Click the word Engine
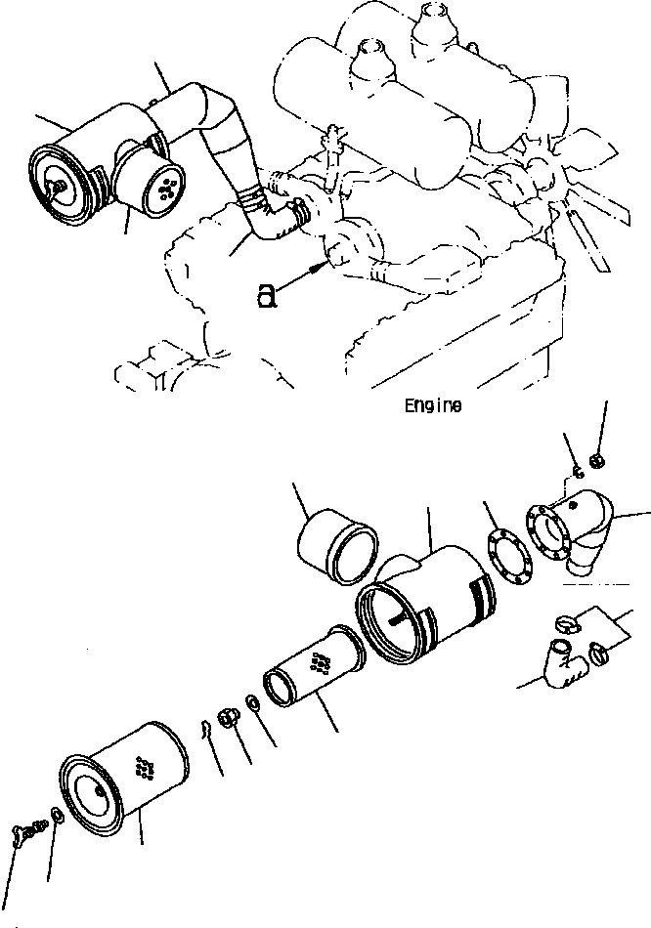pyautogui.click(x=433, y=405)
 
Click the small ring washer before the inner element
pyautogui.click(x=253, y=701)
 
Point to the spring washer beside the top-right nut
pyautogui.click(x=578, y=471)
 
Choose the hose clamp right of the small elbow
pyautogui.click(x=598, y=653)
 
